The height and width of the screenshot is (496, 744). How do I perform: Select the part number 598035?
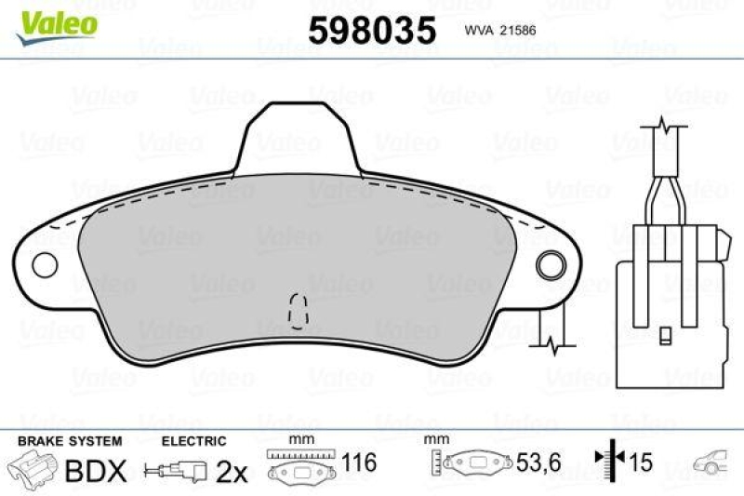click(x=371, y=30)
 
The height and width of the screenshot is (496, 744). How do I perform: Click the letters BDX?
click(x=96, y=471)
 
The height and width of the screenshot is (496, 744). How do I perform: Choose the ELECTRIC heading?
click(x=193, y=440)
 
